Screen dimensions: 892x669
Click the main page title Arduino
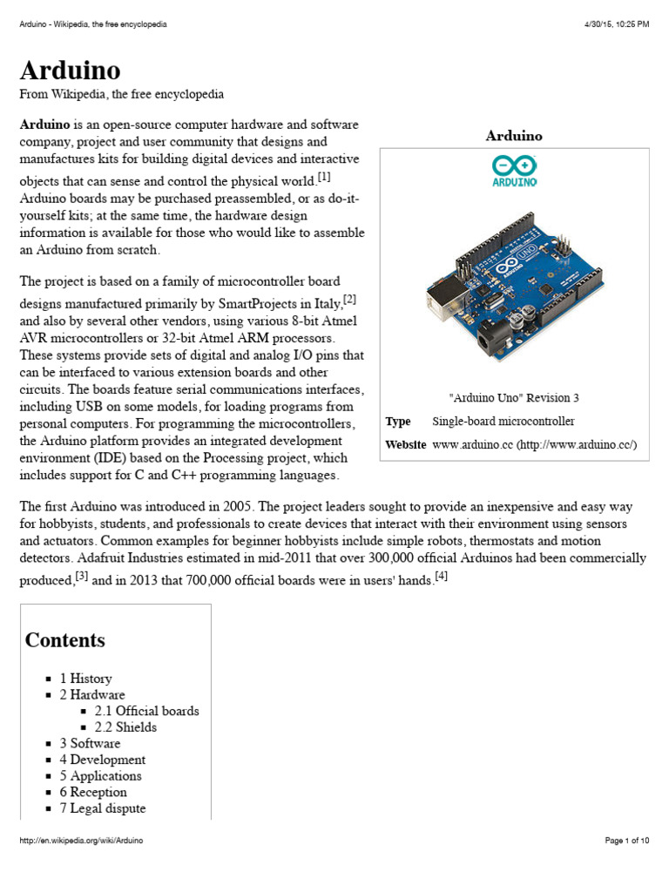[x=71, y=70]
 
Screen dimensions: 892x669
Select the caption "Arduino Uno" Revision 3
[x=514, y=398]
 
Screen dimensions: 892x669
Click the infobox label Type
[x=398, y=422]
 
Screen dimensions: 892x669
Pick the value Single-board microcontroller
[x=503, y=422]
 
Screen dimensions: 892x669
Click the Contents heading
[x=65, y=640]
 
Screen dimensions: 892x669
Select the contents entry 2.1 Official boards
[x=146, y=711]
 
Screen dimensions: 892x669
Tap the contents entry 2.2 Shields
[x=125, y=727]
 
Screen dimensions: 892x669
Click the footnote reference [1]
[x=324, y=177]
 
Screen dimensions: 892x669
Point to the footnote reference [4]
[x=441, y=576]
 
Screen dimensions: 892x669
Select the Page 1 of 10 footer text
[x=626, y=841]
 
